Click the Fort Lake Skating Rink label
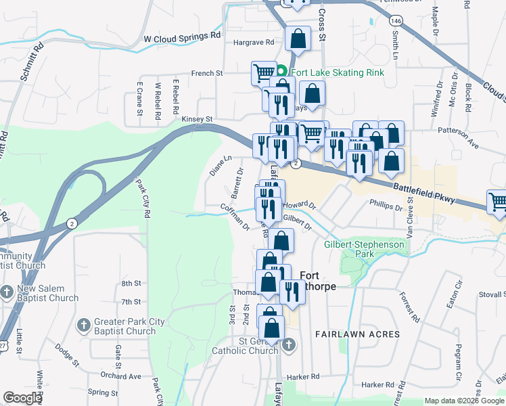[x=336, y=72]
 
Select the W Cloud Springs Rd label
[x=183, y=38]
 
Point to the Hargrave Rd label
[x=253, y=42]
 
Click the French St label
[x=207, y=73]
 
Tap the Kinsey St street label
[x=198, y=119]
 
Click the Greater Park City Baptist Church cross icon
[x=85, y=325]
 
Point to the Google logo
[x=22, y=398]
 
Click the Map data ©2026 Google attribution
[x=464, y=401]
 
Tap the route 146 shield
[x=396, y=22]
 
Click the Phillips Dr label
[x=386, y=202]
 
